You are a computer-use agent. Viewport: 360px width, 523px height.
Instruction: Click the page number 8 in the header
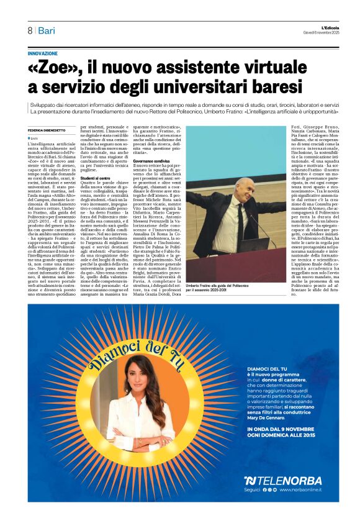(30, 30)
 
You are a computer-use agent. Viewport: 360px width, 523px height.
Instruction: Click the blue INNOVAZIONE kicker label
(43, 53)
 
